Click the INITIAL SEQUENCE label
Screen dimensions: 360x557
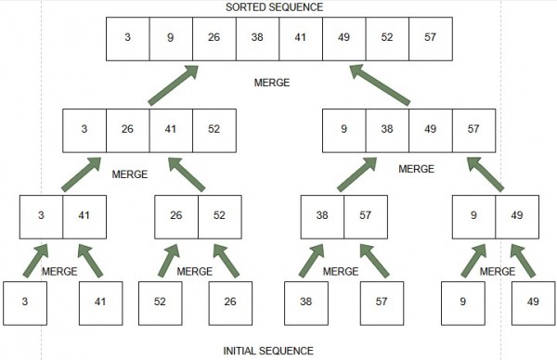268,351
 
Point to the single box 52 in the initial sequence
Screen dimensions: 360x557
161,302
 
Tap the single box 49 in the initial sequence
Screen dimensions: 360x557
532,302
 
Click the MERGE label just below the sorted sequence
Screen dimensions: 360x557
272,83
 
